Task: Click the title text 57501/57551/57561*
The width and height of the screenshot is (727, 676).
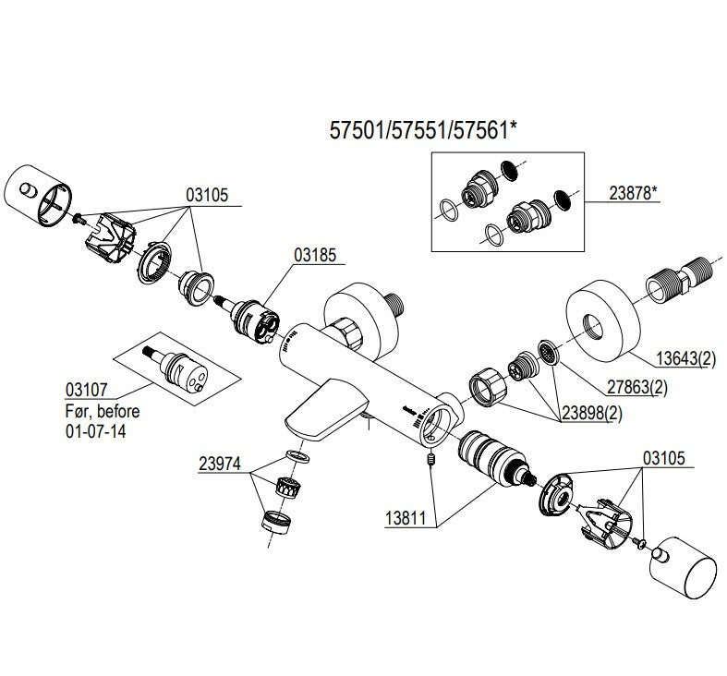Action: [x=423, y=130]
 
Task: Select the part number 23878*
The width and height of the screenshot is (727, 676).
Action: [x=634, y=193]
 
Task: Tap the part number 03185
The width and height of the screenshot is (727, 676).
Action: [x=315, y=255]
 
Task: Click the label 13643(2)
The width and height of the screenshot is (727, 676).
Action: [x=686, y=358]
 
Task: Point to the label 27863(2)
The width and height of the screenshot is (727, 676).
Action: [x=637, y=387]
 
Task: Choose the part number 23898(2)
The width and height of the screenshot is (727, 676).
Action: [x=592, y=413]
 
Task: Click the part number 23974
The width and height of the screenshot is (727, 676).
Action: [x=220, y=464]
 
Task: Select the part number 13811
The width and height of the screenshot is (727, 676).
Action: [x=406, y=518]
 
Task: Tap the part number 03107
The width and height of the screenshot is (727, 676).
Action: [x=87, y=390]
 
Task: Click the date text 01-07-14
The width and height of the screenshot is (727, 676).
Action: [x=95, y=431]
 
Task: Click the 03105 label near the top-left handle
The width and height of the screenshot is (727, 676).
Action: [x=207, y=195]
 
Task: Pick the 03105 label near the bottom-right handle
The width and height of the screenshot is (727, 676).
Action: [x=664, y=458]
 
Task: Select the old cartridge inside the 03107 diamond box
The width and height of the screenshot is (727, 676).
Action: [x=176, y=369]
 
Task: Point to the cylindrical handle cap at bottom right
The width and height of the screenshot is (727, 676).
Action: [x=684, y=568]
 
